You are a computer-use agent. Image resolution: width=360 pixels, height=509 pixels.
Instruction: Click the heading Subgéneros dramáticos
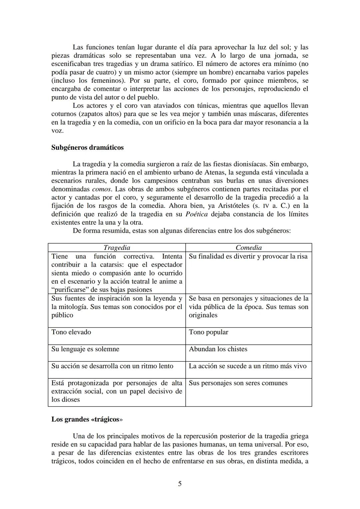pos(87,147)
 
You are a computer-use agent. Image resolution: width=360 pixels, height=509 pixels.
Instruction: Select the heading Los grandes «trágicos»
pos(87,419)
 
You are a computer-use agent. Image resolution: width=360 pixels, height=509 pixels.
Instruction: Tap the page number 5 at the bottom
pos(180,484)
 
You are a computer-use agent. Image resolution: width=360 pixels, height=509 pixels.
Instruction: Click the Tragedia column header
pos(117,248)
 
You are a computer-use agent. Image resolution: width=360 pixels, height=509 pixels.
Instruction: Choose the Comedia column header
pos(249,248)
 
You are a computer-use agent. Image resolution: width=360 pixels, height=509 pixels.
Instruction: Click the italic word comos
pos(101,189)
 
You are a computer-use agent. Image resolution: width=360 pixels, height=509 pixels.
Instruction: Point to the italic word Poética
pos(196,214)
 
